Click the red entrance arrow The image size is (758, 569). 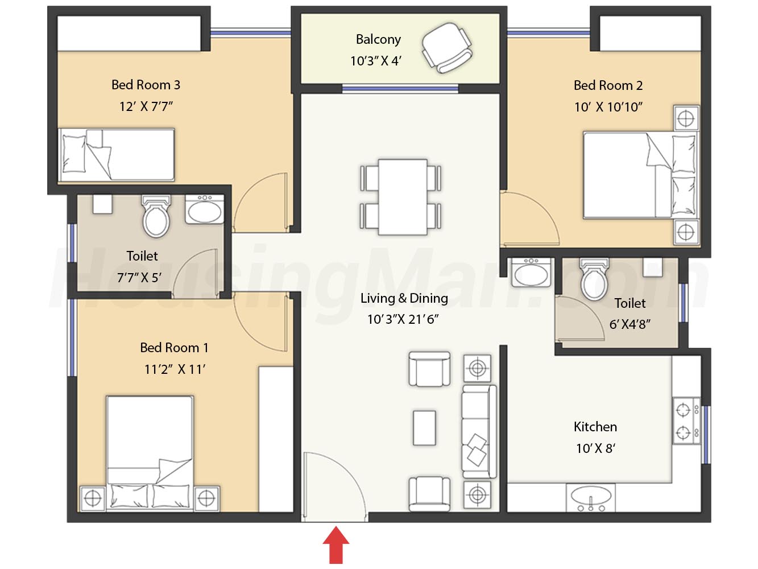click(x=335, y=545)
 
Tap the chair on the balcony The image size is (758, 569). click(x=447, y=48)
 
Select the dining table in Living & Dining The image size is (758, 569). click(x=403, y=197)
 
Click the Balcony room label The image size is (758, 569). click(x=378, y=39)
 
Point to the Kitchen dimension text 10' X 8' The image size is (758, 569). click(x=595, y=448)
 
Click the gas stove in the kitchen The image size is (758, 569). click(x=686, y=421)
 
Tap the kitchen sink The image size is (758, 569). click(x=590, y=497)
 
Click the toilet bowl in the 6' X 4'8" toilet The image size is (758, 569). click(x=594, y=279)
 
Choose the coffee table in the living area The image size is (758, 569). click(x=424, y=428)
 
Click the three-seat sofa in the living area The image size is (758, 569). click(x=479, y=432)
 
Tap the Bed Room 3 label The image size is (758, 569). click(x=146, y=85)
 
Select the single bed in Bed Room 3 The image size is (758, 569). click(x=116, y=155)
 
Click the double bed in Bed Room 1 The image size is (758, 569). click(x=150, y=453)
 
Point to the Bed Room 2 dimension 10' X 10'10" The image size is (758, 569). click(x=608, y=107)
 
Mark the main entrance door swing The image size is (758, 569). click(x=334, y=486)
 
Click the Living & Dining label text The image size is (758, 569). click(x=404, y=298)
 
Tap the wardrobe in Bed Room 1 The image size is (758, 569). click(x=276, y=439)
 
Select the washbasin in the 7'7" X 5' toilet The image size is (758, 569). click(x=205, y=209)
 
